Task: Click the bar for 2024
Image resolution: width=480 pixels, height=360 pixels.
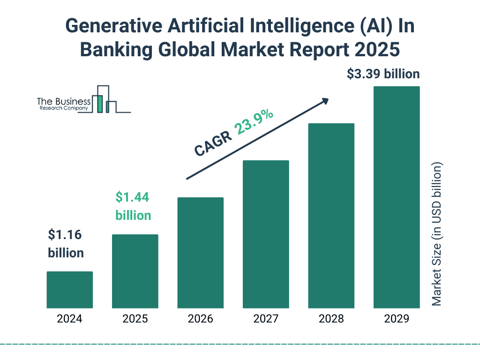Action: (x=69, y=290)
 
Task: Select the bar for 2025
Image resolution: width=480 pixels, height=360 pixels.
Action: (x=135, y=271)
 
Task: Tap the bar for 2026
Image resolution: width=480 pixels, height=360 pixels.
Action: (x=200, y=253)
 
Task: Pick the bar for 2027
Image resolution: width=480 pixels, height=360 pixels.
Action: (x=266, y=234)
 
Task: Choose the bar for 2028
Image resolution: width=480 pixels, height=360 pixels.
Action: (x=331, y=216)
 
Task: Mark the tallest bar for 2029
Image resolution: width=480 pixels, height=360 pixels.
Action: (x=397, y=197)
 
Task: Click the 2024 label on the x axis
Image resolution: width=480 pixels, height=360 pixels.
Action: (x=69, y=319)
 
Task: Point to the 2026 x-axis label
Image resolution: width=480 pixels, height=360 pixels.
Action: (x=200, y=319)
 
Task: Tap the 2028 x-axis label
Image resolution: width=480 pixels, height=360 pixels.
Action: (x=331, y=319)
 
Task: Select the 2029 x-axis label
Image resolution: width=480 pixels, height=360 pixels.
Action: (x=397, y=319)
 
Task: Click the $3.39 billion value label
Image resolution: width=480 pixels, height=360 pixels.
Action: (x=383, y=74)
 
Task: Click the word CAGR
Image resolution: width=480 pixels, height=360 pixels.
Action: (x=213, y=143)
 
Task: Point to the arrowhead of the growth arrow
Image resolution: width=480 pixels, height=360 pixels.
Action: (x=325, y=101)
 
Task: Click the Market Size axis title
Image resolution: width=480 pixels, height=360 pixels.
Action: (x=437, y=234)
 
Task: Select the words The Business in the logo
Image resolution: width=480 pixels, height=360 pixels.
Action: (x=64, y=101)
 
